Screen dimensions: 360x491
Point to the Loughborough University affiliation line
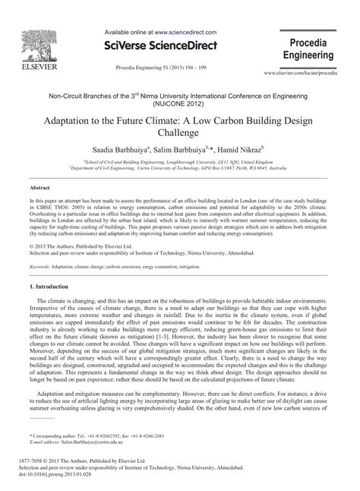pos(180,162)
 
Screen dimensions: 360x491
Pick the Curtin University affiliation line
pos(180,169)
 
